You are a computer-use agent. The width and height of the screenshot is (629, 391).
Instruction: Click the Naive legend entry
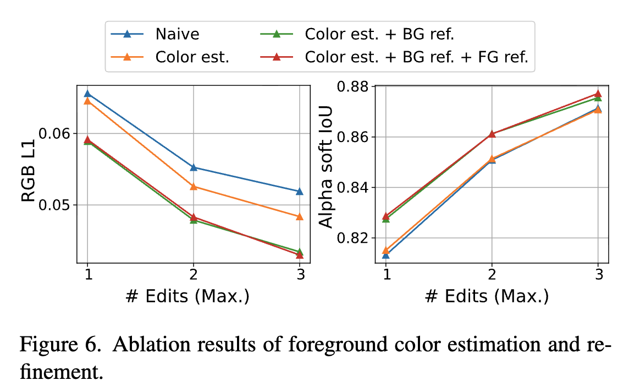(177, 34)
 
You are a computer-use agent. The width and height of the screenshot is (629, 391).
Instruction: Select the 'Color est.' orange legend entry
(192, 56)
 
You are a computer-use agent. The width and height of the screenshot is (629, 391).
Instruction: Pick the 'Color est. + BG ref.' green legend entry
(379, 34)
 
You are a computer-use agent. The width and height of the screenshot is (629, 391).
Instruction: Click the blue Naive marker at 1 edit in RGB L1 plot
(87, 93)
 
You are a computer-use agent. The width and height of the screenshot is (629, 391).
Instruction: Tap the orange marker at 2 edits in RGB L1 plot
(194, 187)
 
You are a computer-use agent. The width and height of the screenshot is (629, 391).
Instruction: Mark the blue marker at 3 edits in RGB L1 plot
(300, 191)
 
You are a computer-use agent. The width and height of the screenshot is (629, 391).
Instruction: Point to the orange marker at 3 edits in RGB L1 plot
(300, 216)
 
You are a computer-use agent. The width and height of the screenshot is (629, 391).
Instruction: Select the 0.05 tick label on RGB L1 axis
(56, 205)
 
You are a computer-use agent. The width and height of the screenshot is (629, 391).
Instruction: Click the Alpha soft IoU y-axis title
(327, 175)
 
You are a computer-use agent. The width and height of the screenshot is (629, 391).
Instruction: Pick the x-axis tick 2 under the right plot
(492, 274)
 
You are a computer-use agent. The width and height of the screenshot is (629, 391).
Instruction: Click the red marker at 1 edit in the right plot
(386, 216)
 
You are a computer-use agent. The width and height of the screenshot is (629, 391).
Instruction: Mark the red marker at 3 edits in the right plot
(598, 94)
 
